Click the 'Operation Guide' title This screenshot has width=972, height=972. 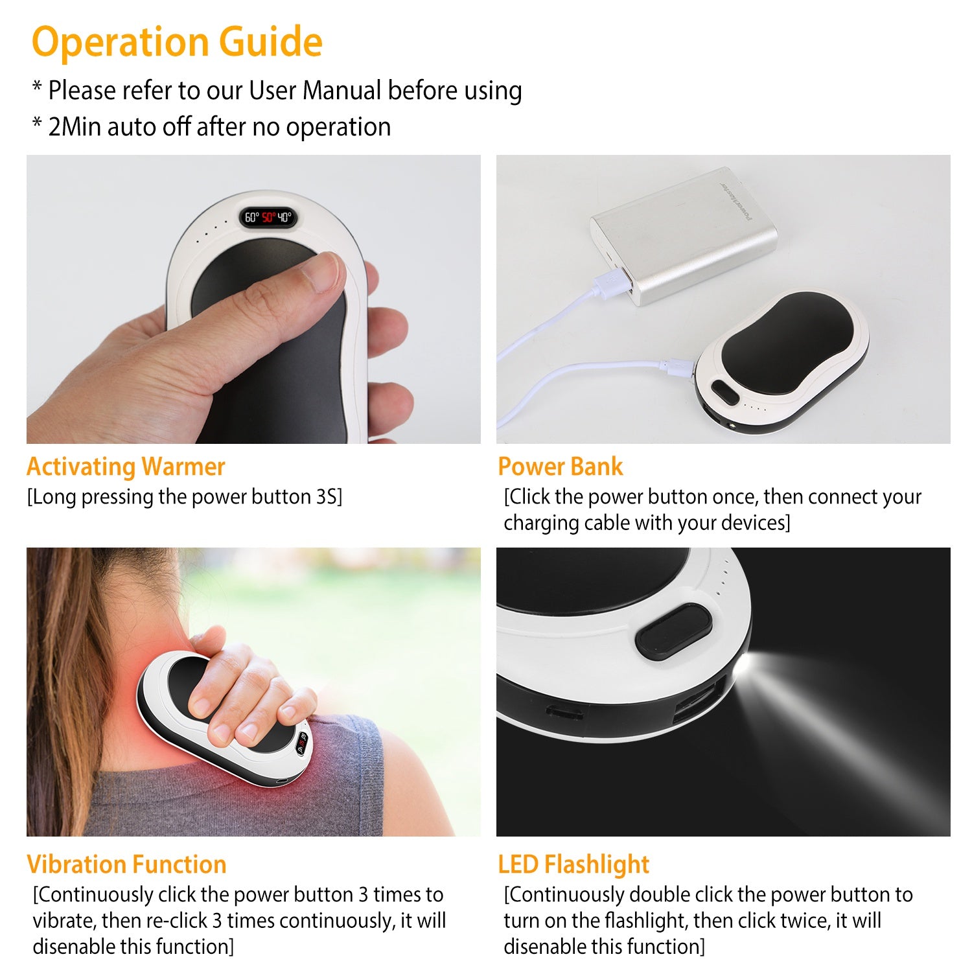[177, 42]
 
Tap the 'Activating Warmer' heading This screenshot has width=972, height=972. [126, 467]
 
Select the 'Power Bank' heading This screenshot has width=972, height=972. [560, 467]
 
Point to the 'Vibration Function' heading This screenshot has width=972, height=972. [126, 864]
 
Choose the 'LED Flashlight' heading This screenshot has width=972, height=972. [573, 864]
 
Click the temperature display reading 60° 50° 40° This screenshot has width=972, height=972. [268, 218]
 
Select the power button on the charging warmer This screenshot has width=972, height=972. [723, 391]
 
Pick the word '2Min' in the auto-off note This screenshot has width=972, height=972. [75, 127]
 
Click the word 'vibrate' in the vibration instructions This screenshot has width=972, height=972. [64, 921]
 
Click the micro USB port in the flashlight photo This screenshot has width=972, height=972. [564, 712]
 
